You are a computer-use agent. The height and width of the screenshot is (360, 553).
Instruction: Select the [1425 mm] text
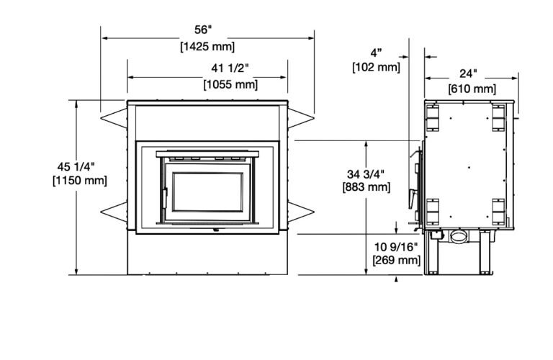[207, 47]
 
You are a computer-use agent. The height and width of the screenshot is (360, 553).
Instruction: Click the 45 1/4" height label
[80, 167]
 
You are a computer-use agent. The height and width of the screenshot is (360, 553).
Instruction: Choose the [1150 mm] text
[80, 181]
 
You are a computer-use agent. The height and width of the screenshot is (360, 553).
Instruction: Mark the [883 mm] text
[368, 187]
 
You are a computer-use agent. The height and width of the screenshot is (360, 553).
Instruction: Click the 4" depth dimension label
[376, 53]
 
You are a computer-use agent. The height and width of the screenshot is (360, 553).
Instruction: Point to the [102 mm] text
[376, 68]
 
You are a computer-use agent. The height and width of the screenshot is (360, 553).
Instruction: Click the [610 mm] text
[472, 89]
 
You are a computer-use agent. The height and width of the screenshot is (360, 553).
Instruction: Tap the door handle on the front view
[164, 197]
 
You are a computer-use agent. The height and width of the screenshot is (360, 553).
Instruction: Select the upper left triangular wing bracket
[113, 115]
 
